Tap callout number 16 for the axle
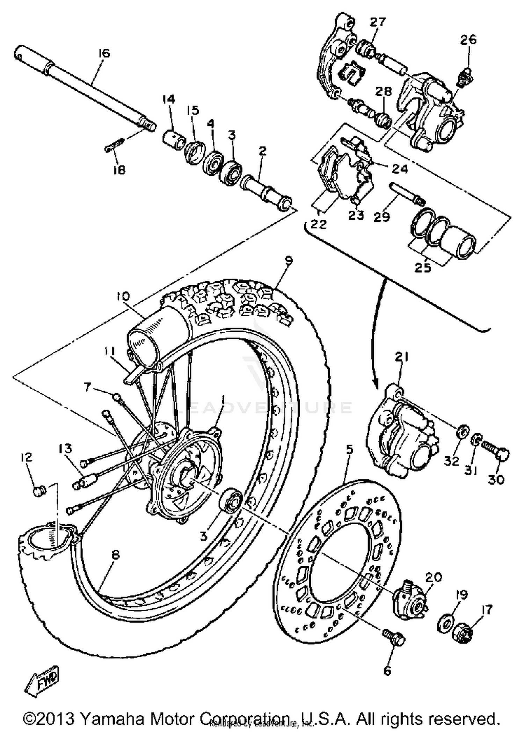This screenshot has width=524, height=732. click(104, 53)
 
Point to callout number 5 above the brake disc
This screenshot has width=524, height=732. click(349, 451)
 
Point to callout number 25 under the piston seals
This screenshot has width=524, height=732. click(423, 268)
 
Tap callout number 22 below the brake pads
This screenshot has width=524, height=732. click(319, 224)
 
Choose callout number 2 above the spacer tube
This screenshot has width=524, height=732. click(262, 151)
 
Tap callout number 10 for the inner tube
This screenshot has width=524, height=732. click(123, 297)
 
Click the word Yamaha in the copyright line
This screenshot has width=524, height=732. click(112, 718)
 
